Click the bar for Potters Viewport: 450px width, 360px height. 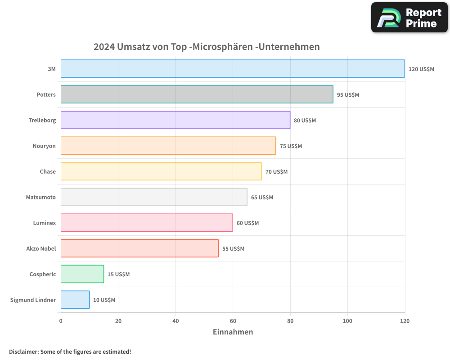tap(197, 94)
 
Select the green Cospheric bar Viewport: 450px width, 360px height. tap(82, 274)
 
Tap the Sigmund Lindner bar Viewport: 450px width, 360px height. tap(75, 300)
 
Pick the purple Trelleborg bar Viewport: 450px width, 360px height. tap(175, 120)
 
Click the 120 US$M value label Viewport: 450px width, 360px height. tap(421, 69)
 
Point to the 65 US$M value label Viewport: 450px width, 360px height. tap(262, 197)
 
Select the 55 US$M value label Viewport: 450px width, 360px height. tap(233, 248)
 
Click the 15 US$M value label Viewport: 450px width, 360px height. tap(118, 274)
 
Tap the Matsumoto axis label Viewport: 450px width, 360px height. tap(41, 197)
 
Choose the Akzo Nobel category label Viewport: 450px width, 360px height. tap(41, 248)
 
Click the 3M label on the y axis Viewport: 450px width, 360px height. tap(51, 69)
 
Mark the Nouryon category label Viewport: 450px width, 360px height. tap(44, 146)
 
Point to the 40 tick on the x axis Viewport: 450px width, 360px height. tap(175, 321)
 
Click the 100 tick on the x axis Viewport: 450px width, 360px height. tap(347, 321)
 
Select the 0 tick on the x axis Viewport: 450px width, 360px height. tap(61, 321)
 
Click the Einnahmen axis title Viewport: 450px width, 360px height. tap(233, 332)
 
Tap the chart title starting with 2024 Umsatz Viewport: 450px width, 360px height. tap(207, 46)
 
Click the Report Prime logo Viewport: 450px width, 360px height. tap(409, 18)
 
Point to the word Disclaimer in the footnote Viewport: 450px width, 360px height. tap(23, 351)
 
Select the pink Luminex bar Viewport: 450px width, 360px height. tap(147, 223)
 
